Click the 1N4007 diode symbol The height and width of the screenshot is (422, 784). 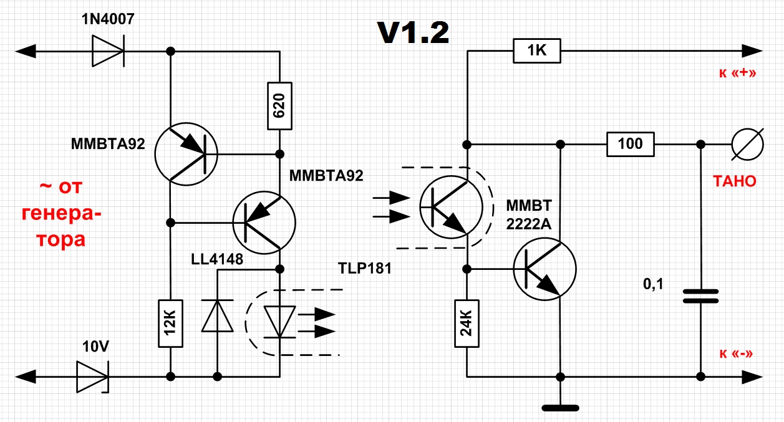[107, 50]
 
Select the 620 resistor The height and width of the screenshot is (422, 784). [279, 105]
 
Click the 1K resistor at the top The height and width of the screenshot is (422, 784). [536, 50]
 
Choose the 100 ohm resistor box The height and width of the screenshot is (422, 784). [630, 144]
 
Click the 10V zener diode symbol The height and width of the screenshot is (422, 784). [92, 376]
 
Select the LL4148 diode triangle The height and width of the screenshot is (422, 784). [217, 315]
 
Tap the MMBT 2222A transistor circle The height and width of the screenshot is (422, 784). [544, 269]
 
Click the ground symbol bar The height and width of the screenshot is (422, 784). [560, 408]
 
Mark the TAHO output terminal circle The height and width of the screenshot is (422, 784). [747, 144]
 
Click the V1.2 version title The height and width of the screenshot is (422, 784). [412, 32]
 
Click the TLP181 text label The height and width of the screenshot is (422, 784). [364, 269]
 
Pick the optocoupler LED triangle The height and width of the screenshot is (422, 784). [279, 321]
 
